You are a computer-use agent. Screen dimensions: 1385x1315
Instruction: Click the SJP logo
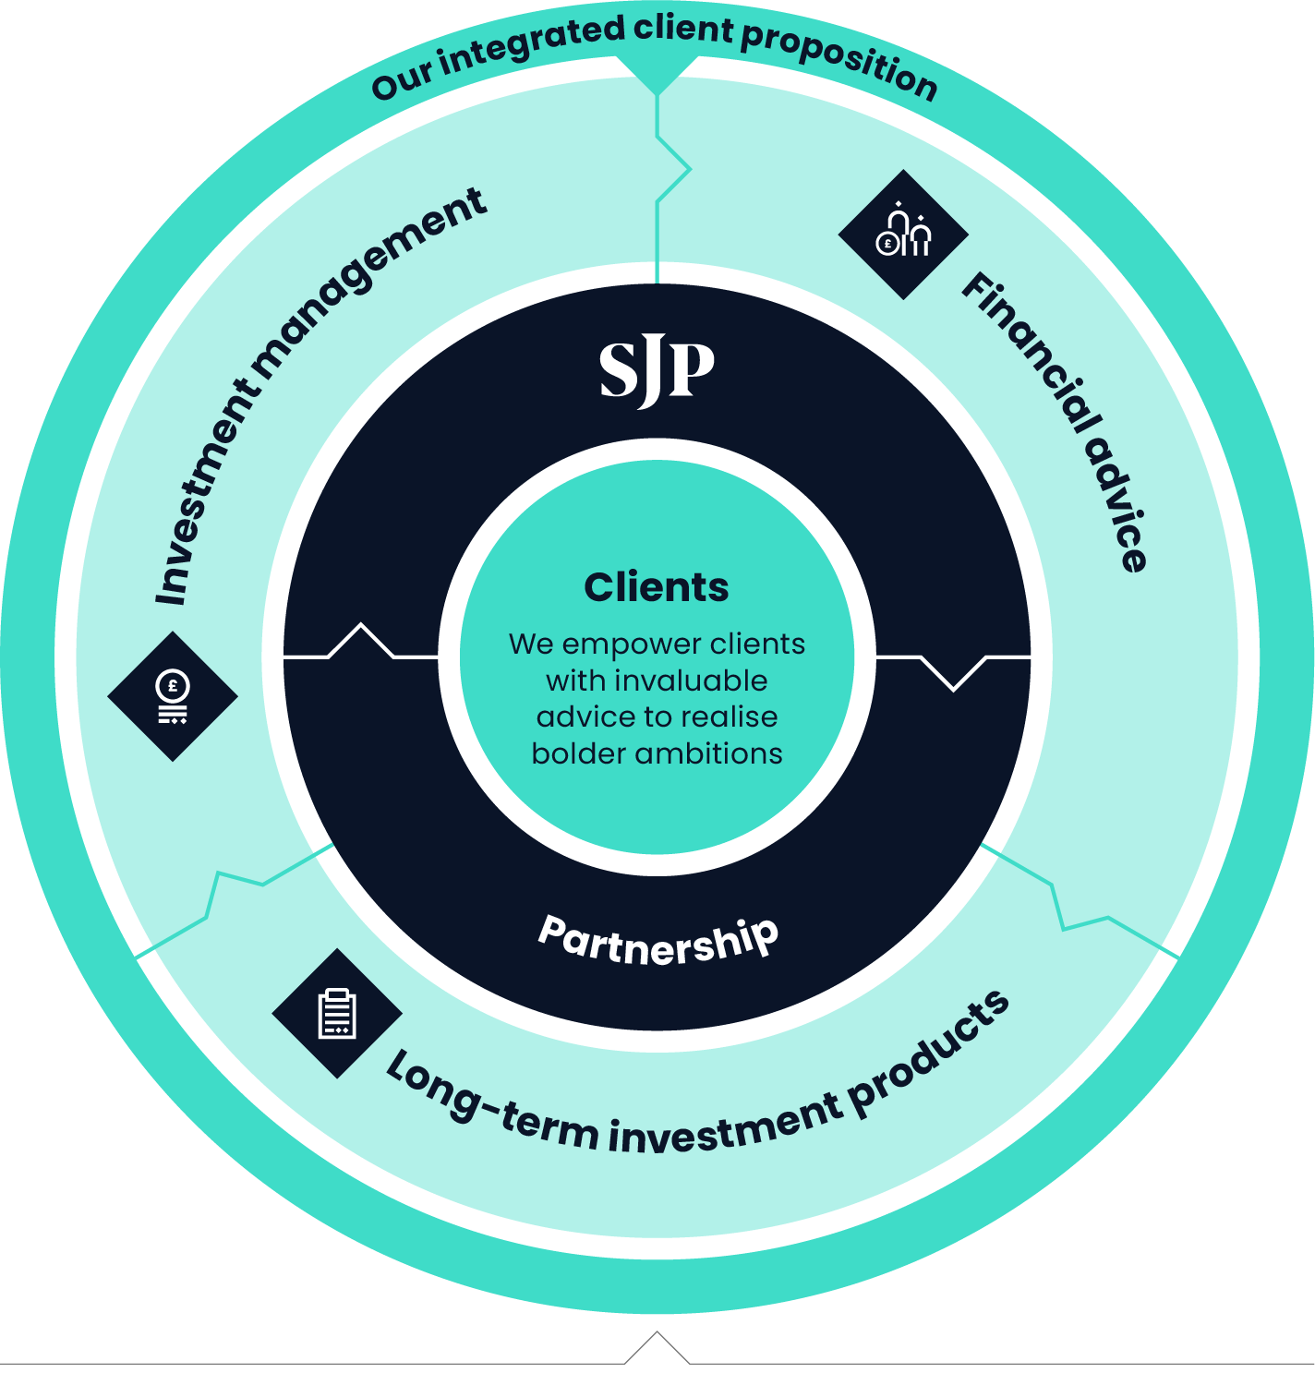pos(657,371)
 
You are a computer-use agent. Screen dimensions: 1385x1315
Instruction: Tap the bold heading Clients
pos(657,587)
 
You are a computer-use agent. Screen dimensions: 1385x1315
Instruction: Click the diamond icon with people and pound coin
pos(903,235)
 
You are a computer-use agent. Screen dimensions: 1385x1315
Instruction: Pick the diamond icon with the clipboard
pos(337,1013)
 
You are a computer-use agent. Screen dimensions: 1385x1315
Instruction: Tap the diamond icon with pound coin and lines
pos(173,696)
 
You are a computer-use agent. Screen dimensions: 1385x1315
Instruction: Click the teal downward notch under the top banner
pos(657,78)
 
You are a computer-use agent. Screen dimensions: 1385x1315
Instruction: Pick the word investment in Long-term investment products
pos(725,1128)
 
